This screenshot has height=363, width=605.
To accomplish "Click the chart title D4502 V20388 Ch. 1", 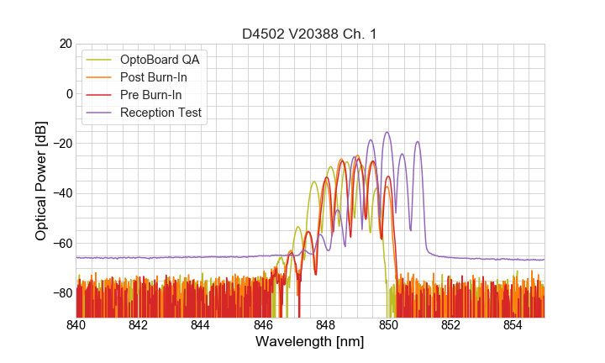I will coord(309,34).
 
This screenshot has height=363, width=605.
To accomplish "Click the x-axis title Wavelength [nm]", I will coord(309,342).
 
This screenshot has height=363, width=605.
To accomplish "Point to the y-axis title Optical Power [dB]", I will coord(41,181).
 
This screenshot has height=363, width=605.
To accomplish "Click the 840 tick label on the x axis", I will coord(76,325).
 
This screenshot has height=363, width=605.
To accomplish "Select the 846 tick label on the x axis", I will coord(263,325).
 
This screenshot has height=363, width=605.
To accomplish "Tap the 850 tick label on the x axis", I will coord(388,325).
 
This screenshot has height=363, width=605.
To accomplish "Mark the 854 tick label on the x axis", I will coord(513,325).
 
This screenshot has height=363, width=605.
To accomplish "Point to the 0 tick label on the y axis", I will coord(69,93).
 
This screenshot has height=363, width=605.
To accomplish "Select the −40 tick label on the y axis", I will coord(62,193).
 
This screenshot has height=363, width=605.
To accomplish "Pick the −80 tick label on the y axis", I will coord(62,292).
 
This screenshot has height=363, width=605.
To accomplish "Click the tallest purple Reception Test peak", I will coord(387,132).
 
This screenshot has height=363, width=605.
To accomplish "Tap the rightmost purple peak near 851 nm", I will coord(417,142).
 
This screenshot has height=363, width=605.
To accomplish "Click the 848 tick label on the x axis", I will coord(326,325).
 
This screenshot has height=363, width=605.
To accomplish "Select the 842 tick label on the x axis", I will coord(138,325).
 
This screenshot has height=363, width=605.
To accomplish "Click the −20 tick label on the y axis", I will coord(62,144).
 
